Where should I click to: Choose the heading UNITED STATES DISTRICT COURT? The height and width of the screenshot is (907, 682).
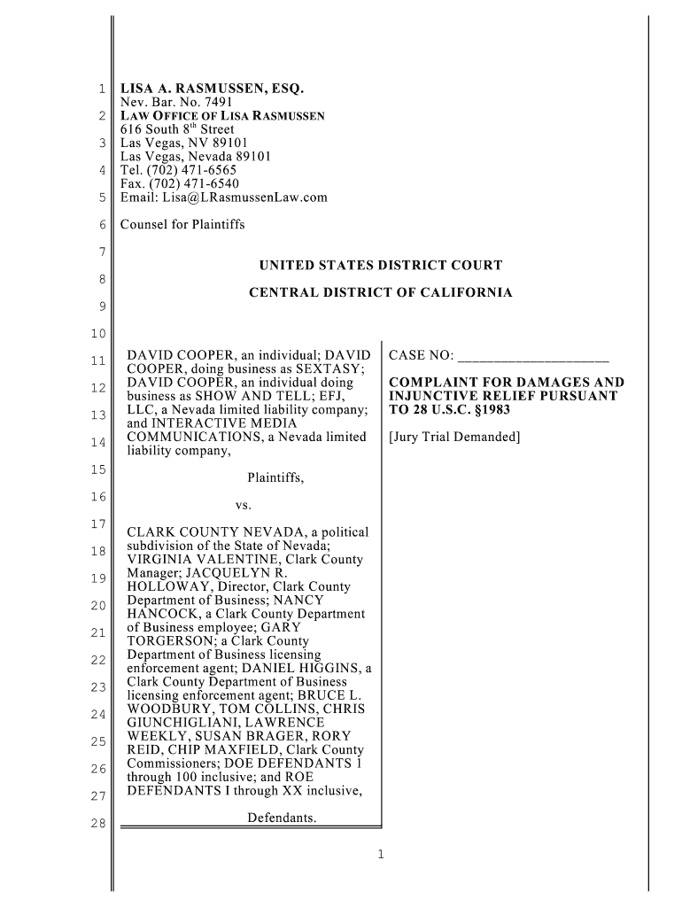(x=380, y=266)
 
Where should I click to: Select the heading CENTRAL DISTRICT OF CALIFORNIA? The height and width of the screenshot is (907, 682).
(x=380, y=292)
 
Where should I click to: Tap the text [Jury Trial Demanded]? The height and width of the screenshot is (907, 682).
(x=454, y=437)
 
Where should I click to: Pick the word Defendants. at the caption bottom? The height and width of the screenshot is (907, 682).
(x=282, y=817)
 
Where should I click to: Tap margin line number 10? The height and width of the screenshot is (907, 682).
(x=98, y=334)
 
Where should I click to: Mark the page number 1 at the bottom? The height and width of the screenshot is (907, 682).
(x=380, y=855)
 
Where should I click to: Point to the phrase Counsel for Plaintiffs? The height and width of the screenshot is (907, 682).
(x=182, y=225)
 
